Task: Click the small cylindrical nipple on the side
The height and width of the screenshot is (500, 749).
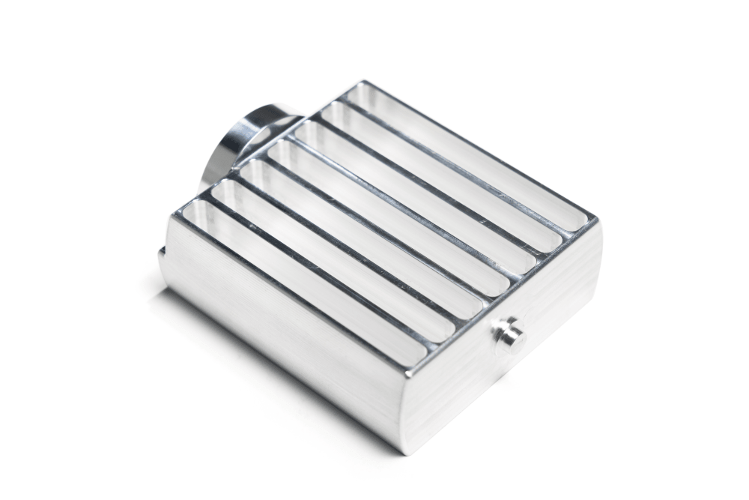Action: pyautogui.click(x=507, y=331)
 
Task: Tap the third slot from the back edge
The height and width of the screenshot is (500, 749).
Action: pyautogui.click(x=416, y=195)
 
